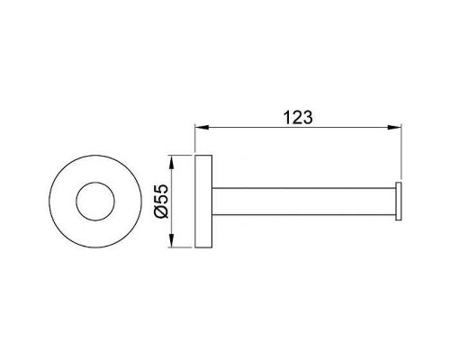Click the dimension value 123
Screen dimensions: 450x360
tap(298, 117)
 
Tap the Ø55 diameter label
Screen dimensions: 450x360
tap(161, 202)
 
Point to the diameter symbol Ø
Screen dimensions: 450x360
tap(161, 211)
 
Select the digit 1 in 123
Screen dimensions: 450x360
tap(287, 117)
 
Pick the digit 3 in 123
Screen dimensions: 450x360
tap(308, 117)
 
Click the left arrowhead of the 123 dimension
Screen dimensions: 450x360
tap(202, 128)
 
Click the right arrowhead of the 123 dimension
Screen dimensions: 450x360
tap(394, 128)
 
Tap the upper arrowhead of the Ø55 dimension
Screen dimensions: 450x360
tap(171, 162)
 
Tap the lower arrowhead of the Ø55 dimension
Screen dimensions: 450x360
tap(171, 240)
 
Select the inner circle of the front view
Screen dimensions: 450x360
tap(95, 183)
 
